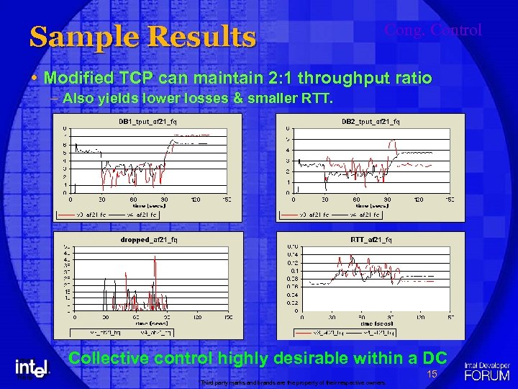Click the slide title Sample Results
click(x=142, y=37)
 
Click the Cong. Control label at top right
click(x=432, y=30)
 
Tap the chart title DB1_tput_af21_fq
click(x=148, y=122)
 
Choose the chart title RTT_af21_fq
click(x=371, y=239)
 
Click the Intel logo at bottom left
click(x=32, y=368)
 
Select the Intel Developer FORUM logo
click(x=487, y=370)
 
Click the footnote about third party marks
click(x=293, y=382)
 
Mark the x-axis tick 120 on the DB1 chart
click(x=196, y=199)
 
